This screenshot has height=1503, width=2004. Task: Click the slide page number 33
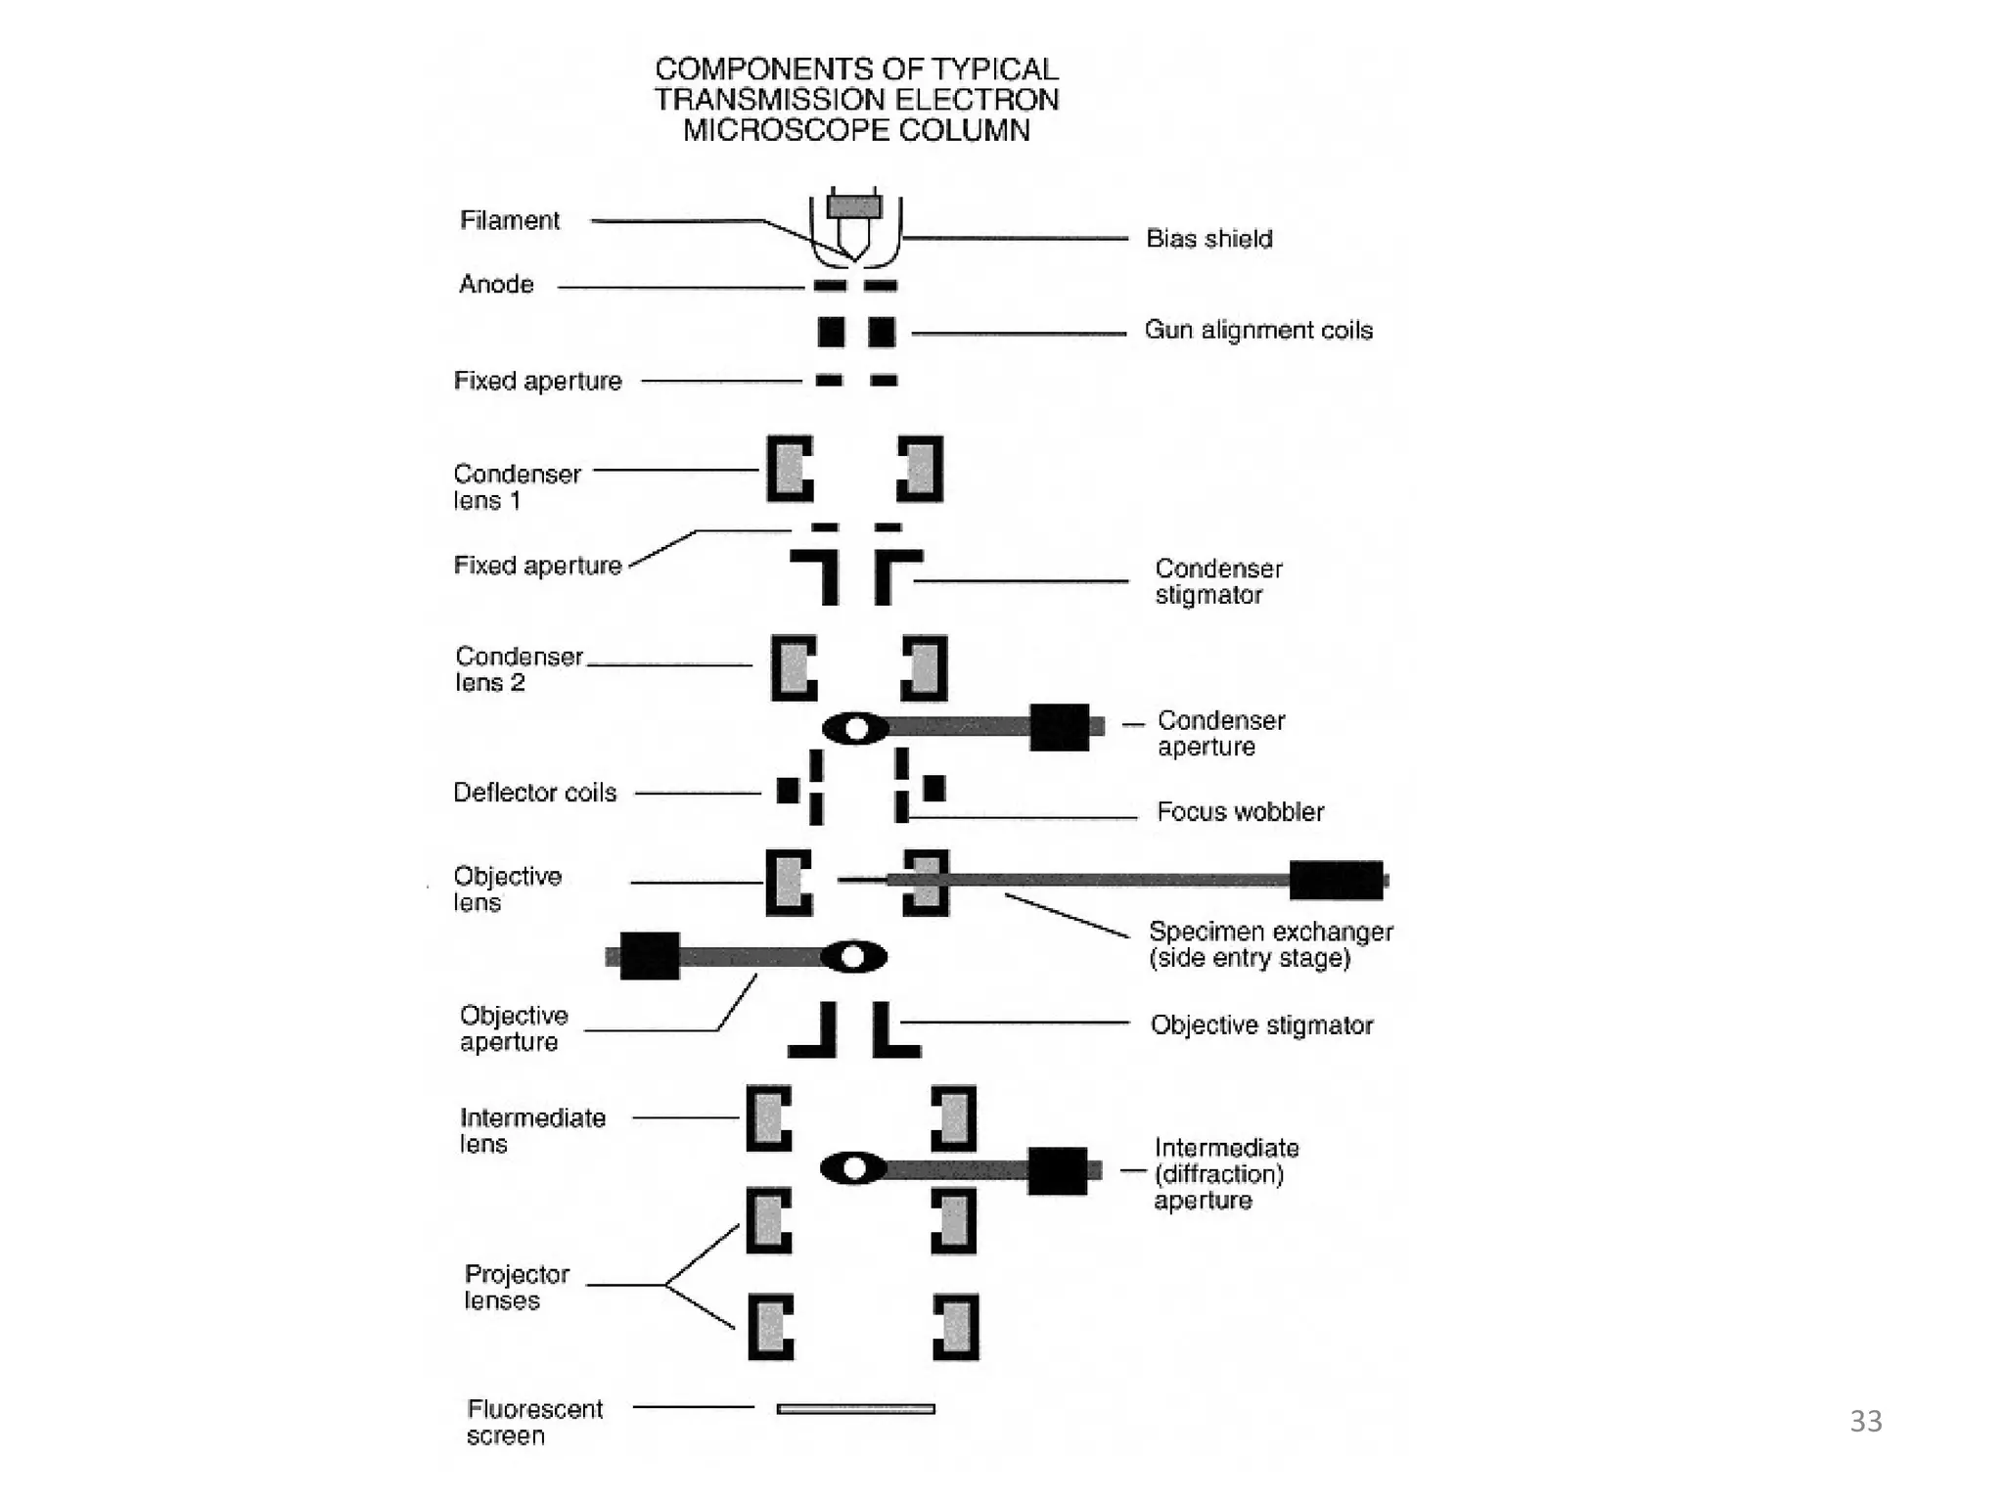tap(1865, 1421)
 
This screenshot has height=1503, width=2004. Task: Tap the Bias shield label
tap(1208, 239)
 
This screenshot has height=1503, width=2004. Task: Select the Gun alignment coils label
tap(1258, 331)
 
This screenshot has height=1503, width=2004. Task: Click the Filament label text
tap(510, 220)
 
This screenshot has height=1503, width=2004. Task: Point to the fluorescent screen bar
tap(855, 1409)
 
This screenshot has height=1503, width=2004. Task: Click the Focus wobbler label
tap(1240, 812)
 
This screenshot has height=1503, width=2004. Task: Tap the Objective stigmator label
tap(1261, 1025)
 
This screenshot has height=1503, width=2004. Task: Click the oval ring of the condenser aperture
tap(856, 728)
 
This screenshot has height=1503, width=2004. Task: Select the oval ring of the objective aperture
tap(853, 956)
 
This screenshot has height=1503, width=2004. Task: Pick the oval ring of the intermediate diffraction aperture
tap(854, 1167)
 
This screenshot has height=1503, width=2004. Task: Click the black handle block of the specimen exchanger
tap(1336, 880)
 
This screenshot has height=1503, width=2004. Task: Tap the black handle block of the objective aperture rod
tap(650, 956)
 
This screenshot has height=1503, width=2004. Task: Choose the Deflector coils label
tap(534, 793)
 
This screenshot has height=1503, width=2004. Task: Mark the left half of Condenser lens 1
tap(790, 469)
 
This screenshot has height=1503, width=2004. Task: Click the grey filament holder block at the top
tap(854, 206)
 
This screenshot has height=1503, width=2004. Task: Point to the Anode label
tap(496, 285)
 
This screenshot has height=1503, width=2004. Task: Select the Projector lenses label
tap(516, 1288)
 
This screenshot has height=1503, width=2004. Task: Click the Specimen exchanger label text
tap(1270, 944)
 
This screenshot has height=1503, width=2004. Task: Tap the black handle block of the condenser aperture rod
tap(1059, 727)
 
